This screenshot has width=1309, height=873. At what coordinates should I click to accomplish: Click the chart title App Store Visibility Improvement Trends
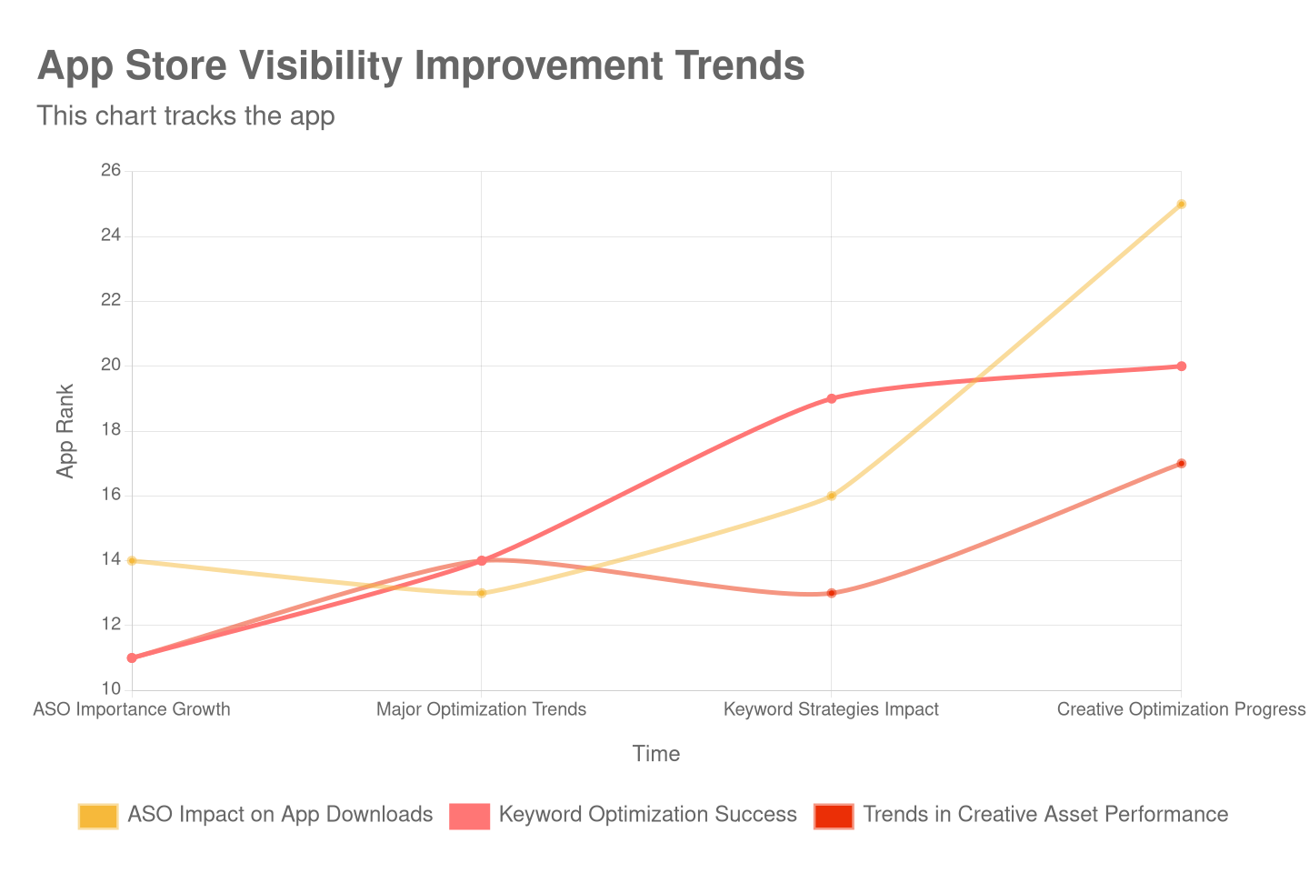[x=421, y=66]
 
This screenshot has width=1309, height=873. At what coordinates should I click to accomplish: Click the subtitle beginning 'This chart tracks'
[x=185, y=116]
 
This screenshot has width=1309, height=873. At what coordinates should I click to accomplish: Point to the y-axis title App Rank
[x=65, y=430]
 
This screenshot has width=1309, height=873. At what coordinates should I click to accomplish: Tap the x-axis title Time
[x=655, y=754]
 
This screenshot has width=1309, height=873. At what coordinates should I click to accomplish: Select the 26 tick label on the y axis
[x=111, y=170]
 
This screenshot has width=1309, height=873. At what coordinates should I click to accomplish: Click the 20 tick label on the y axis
[x=111, y=365]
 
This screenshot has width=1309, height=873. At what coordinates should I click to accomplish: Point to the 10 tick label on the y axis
[x=111, y=688]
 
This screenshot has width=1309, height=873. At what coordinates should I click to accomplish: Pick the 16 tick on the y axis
[x=111, y=495]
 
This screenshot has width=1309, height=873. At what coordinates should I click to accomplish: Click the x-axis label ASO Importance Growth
[x=132, y=709]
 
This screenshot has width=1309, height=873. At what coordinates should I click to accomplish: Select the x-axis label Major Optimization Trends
[x=482, y=709]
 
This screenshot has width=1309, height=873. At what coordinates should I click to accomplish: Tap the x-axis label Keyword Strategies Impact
[x=831, y=709]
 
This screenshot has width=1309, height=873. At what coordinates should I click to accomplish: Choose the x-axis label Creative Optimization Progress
[x=1181, y=709]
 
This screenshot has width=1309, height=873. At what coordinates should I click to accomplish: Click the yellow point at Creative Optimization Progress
[x=1181, y=204]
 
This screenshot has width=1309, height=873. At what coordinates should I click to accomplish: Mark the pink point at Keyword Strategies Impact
[x=831, y=398]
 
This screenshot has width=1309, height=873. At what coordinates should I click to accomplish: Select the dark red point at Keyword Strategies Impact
[x=831, y=593]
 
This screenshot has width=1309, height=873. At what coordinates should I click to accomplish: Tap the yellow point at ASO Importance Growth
[x=132, y=561]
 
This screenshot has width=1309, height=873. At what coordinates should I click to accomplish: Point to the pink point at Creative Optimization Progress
[x=1181, y=366]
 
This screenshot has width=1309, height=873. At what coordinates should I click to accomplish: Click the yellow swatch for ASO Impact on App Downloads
[x=98, y=816]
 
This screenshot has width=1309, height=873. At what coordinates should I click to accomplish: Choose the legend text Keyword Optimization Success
[x=647, y=815]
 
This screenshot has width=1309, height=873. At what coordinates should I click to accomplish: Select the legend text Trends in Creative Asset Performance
[x=1045, y=815]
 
